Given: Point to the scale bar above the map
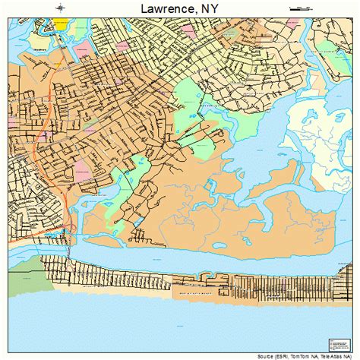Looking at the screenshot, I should click(301, 8).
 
